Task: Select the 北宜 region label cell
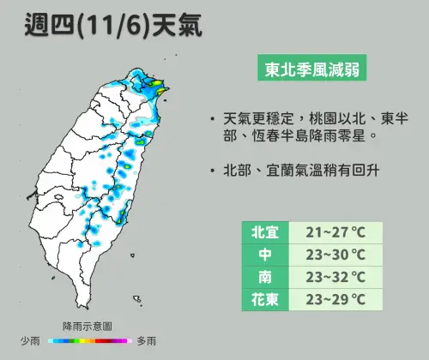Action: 263,232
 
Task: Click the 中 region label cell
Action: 263,255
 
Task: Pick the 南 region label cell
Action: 263,277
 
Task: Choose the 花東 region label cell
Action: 263,299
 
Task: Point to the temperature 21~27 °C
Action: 335,232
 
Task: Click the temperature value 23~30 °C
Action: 335,255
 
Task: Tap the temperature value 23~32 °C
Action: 335,277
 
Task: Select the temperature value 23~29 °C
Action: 335,299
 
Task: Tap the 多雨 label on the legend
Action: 146,341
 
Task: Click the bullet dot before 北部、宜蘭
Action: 211,171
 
